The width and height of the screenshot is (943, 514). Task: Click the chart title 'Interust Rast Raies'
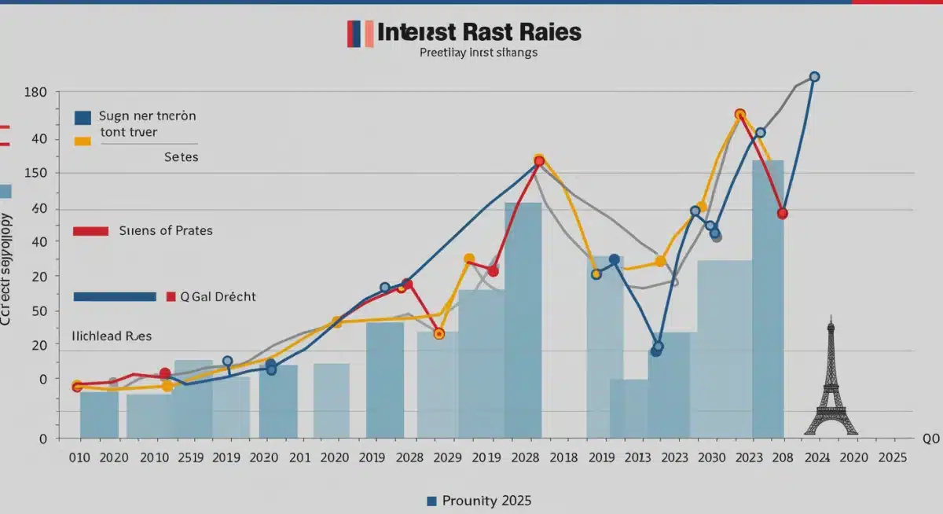pyautogui.click(x=479, y=32)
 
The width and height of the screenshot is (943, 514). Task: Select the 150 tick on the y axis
pyautogui.click(x=38, y=174)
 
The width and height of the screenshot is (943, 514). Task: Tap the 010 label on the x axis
pyautogui.click(x=79, y=457)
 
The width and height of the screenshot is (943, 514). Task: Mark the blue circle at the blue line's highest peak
pyautogui.click(x=814, y=77)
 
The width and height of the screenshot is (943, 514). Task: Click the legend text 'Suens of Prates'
pyautogui.click(x=166, y=231)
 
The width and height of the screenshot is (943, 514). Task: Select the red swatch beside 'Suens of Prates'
pyautogui.click(x=90, y=231)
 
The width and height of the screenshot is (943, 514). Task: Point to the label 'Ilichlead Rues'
pyautogui.click(x=112, y=336)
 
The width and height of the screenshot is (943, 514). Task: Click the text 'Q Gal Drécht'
pyautogui.click(x=218, y=297)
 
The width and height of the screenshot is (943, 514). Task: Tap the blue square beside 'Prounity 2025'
pyautogui.click(x=431, y=501)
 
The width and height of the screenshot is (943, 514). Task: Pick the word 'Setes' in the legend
pyautogui.click(x=182, y=157)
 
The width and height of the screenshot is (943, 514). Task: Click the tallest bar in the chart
pyautogui.click(x=767, y=299)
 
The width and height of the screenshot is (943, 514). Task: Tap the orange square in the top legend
pyautogui.click(x=82, y=140)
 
